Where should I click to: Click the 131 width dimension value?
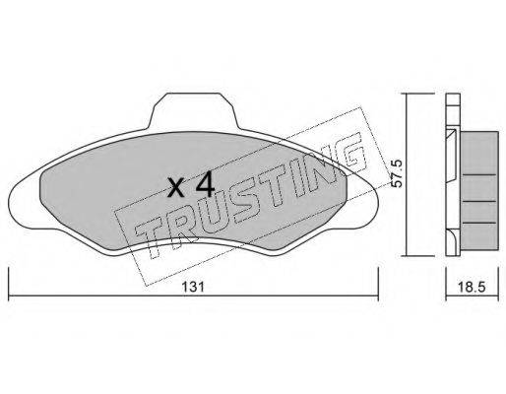[193, 287]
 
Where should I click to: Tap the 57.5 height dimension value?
[398, 173]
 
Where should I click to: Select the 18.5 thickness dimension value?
[472, 288]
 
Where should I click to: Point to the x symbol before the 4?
[175, 189]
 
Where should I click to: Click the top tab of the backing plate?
[193, 110]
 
